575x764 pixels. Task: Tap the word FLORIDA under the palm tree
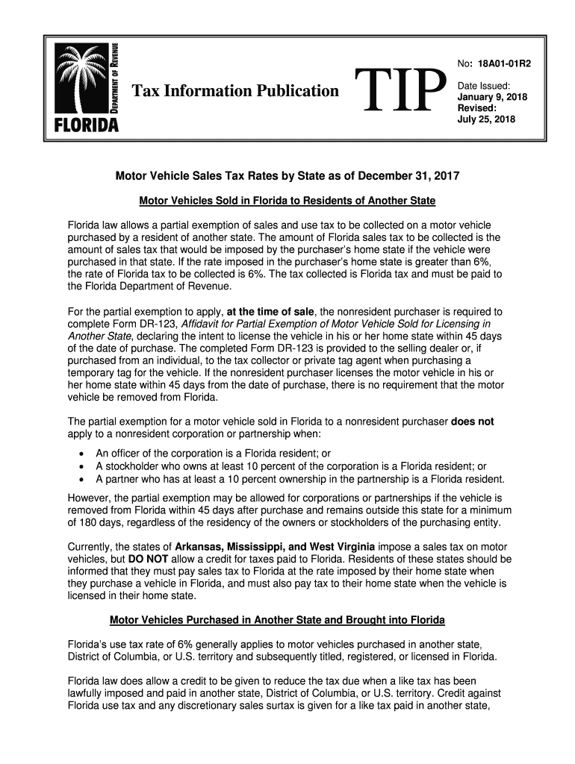click(x=86, y=124)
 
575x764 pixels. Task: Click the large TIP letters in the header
click(x=400, y=91)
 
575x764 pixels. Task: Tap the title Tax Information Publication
click(x=235, y=91)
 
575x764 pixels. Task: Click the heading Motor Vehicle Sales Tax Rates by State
click(x=287, y=177)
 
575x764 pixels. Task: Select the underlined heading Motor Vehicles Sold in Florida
click(x=287, y=201)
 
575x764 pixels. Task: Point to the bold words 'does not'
click(x=472, y=422)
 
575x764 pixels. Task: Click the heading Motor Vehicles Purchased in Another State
click(x=277, y=620)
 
